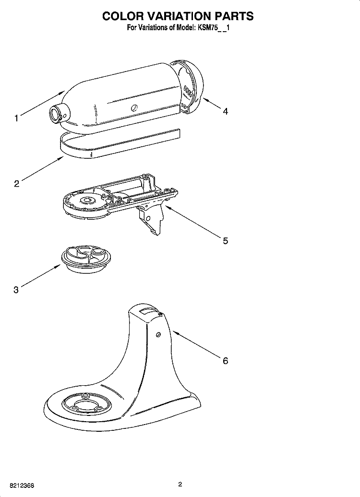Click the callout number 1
pyautogui.click(x=16, y=118)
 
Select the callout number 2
pyautogui.click(x=16, y=183)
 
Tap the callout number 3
pyautogui.click(x=16, y=289)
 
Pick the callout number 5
pyautogui.click(x=225, y=240)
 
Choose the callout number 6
pyautogui.click(x=225, y=360)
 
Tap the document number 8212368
pyautogui.click(x=20, y=485)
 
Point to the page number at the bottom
pyautogui.click(x=180, y=485)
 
